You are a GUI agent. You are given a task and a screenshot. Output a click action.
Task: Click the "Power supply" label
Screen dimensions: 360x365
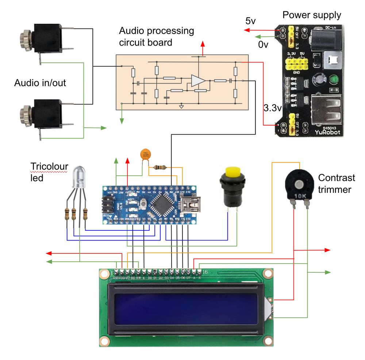(x=312, y=15)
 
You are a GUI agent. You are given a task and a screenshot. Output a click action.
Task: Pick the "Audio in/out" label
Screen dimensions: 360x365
(x=40, y=83)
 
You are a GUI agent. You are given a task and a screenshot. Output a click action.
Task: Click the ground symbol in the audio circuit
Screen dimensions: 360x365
(x=181, y=107)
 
